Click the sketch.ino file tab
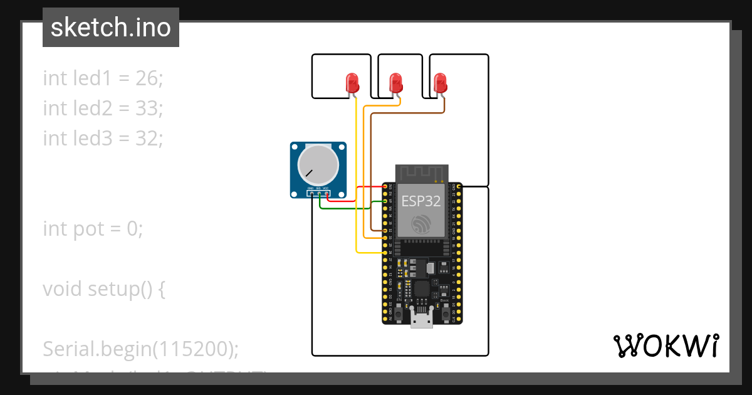click(x=111, y=28)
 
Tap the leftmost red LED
click(x=353, y=83)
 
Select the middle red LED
click(x=395, y=83)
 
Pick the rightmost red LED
click(x=441, y=83)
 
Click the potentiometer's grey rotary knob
click(x=318, y=164)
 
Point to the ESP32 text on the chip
click(x=421, y=201)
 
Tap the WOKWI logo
click(x=665, y=345)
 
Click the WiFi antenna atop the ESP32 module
click(x=422, y=173)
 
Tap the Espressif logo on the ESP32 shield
click(x=421, y=224)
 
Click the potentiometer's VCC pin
click(x=326, y=193)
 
